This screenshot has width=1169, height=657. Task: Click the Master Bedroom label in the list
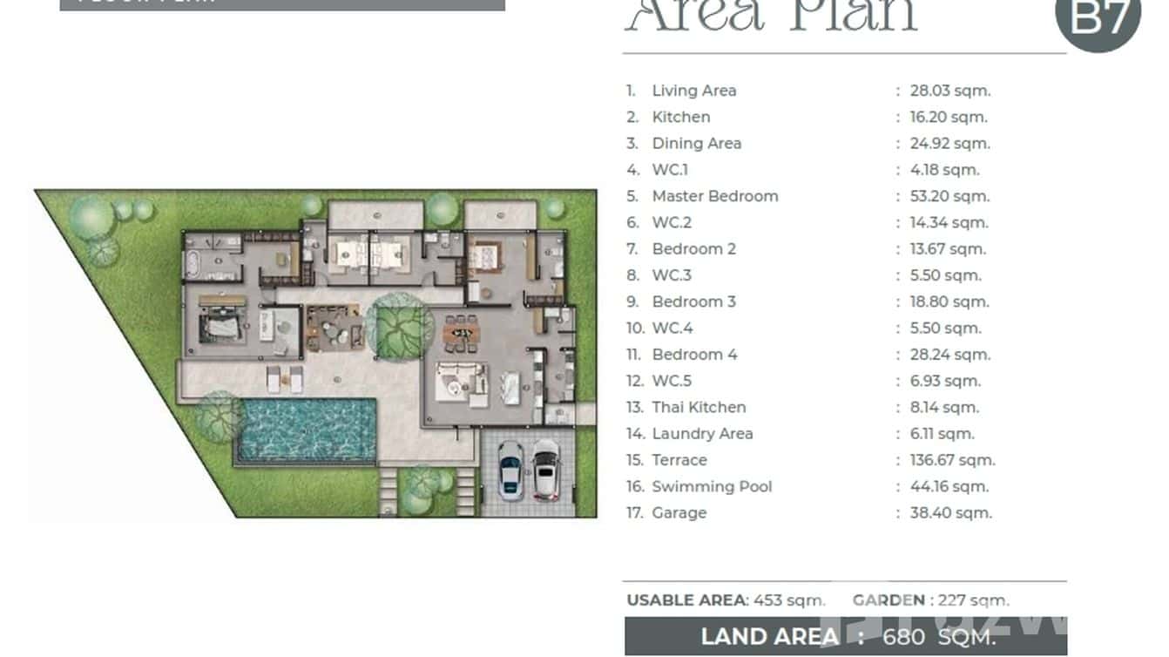714,196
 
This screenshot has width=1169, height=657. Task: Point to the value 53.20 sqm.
949,196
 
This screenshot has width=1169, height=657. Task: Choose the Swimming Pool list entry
712,486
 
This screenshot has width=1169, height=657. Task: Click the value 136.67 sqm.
952,460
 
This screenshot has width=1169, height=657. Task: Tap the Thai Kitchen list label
699,407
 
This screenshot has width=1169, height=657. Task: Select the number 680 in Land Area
903,637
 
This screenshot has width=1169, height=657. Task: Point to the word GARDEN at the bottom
889,600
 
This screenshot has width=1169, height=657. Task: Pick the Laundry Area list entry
702,433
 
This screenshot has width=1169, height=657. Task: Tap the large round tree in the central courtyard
399,323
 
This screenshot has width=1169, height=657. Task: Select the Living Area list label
693,91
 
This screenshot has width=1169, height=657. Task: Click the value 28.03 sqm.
950,91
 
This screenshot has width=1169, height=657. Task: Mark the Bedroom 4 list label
694,355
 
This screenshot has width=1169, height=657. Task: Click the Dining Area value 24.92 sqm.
949,143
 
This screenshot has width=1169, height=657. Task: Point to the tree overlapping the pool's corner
218,417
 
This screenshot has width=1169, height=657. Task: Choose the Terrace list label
679,460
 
